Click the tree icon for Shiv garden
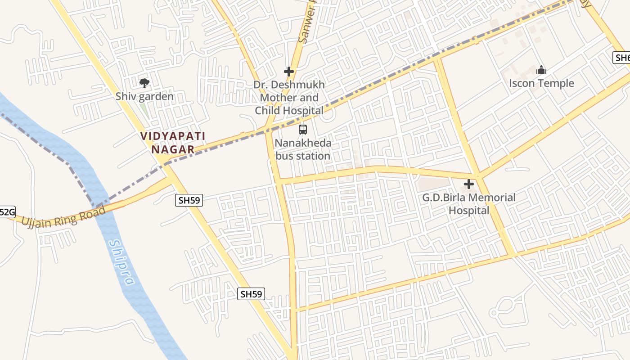[144, 83]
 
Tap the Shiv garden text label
[144, 96]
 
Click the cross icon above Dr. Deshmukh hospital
[289, 72]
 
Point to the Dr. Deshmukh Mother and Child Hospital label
[289, 98]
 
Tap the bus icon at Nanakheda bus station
[303, 130]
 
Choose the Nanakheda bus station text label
[303, 149]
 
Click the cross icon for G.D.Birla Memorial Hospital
[469, 184]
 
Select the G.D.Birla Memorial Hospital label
[469, 204]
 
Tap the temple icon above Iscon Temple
[541, 70]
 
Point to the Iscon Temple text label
[541, 83]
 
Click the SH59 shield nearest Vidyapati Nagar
[189, 200]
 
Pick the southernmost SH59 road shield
[251, 294]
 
